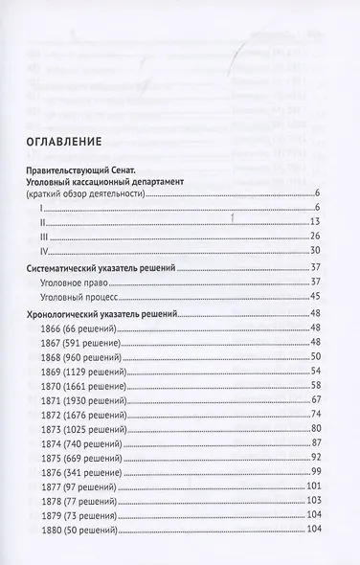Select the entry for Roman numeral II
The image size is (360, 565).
[44, 221]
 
